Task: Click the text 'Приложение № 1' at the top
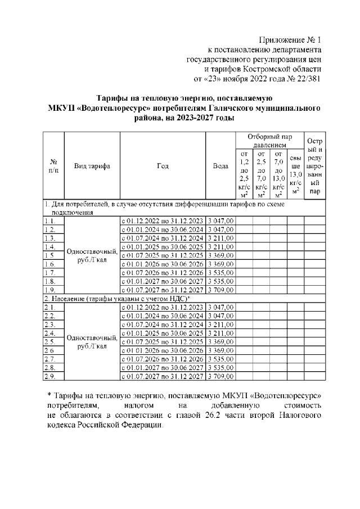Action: click(289, 40)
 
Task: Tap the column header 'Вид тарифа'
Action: click(92, 166)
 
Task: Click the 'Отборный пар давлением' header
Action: click(269, 141)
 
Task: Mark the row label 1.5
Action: click(49, 255)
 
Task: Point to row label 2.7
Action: click(49, 359)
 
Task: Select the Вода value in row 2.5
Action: click(220, 341)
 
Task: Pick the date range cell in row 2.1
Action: click(163, 308)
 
